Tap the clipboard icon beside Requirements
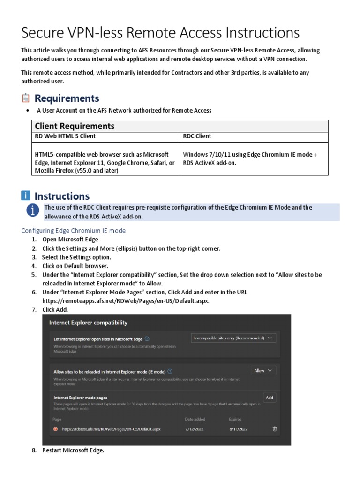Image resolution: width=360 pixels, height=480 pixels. click(x=26, y=98)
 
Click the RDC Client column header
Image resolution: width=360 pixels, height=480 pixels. click(x=197, y=136)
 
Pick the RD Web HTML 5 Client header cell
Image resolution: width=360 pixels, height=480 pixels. click(x=65, y=136)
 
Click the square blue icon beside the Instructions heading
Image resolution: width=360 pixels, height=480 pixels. click(x=26, y=196)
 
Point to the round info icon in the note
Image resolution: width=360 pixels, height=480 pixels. click(x=32, y=211)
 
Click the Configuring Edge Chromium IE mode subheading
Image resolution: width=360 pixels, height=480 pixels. click(x=74, y=231)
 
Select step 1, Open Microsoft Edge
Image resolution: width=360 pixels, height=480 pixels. click(x=70, y=240)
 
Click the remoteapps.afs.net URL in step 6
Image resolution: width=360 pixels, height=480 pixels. click(x=126, y=301)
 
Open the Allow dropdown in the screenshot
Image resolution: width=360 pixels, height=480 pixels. click(x=263, y=371)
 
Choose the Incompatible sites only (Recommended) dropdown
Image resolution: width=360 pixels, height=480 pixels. click(x=233, y=338)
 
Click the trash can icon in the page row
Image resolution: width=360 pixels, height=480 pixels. click(x=275, y=428)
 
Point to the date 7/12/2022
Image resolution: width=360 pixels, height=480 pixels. click(x=195, y=429)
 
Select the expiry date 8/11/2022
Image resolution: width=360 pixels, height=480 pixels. click(x=238, y=429)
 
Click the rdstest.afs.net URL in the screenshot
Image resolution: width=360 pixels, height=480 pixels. click(x=111, y=429)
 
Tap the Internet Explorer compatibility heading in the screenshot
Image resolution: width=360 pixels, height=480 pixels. click(x=88, y=322)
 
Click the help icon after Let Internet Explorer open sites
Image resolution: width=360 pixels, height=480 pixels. click(x=147, y=338)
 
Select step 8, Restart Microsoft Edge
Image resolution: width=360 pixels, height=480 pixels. click(x=73, y=450)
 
